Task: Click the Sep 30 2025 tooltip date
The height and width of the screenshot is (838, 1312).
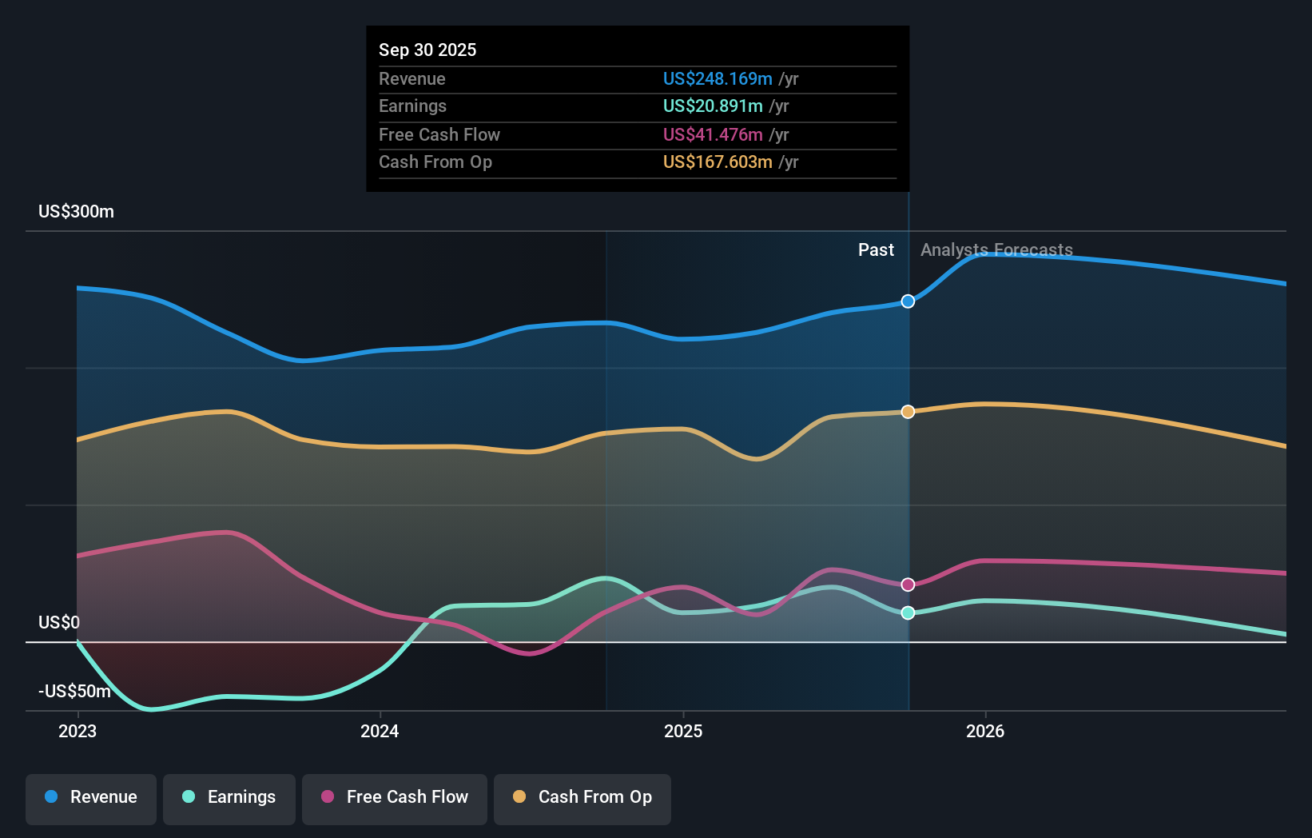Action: [x=427, y=50]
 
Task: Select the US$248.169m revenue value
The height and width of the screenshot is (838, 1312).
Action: [x=717, y=78]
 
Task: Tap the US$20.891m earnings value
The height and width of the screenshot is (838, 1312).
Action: [x=712, y=106]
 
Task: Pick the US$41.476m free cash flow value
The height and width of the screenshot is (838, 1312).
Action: [x=712, y=134]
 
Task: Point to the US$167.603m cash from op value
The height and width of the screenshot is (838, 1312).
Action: [x=717, y=162]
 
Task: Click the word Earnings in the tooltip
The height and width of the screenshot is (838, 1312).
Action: [x=412, y=106]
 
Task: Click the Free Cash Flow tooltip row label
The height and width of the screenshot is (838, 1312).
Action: [x=439, y=134]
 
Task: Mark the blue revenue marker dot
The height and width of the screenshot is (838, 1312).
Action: [x=908, y=301]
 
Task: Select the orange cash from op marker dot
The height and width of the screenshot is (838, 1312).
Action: [x=908, y=412]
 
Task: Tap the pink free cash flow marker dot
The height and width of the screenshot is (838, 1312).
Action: [x=908, y=585]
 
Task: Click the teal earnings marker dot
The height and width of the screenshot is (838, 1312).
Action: [x=908, y=613]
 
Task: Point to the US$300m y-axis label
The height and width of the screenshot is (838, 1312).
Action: [x=76, y=211]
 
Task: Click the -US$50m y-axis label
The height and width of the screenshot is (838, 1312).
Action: [x=74, y=691]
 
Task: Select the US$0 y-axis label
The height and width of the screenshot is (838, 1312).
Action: [x=59, y=622]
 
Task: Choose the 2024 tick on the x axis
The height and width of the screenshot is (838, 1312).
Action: [x=380, y=731]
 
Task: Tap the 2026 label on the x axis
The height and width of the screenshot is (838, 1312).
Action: [x=985, y=731]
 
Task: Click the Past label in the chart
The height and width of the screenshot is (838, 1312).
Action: [x=876, y=249]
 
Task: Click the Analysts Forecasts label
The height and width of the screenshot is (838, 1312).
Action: [x=996, y=249]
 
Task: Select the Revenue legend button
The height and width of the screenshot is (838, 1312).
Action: [x=91, y=797]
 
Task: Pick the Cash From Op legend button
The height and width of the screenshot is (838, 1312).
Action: [x=582, y=797]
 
